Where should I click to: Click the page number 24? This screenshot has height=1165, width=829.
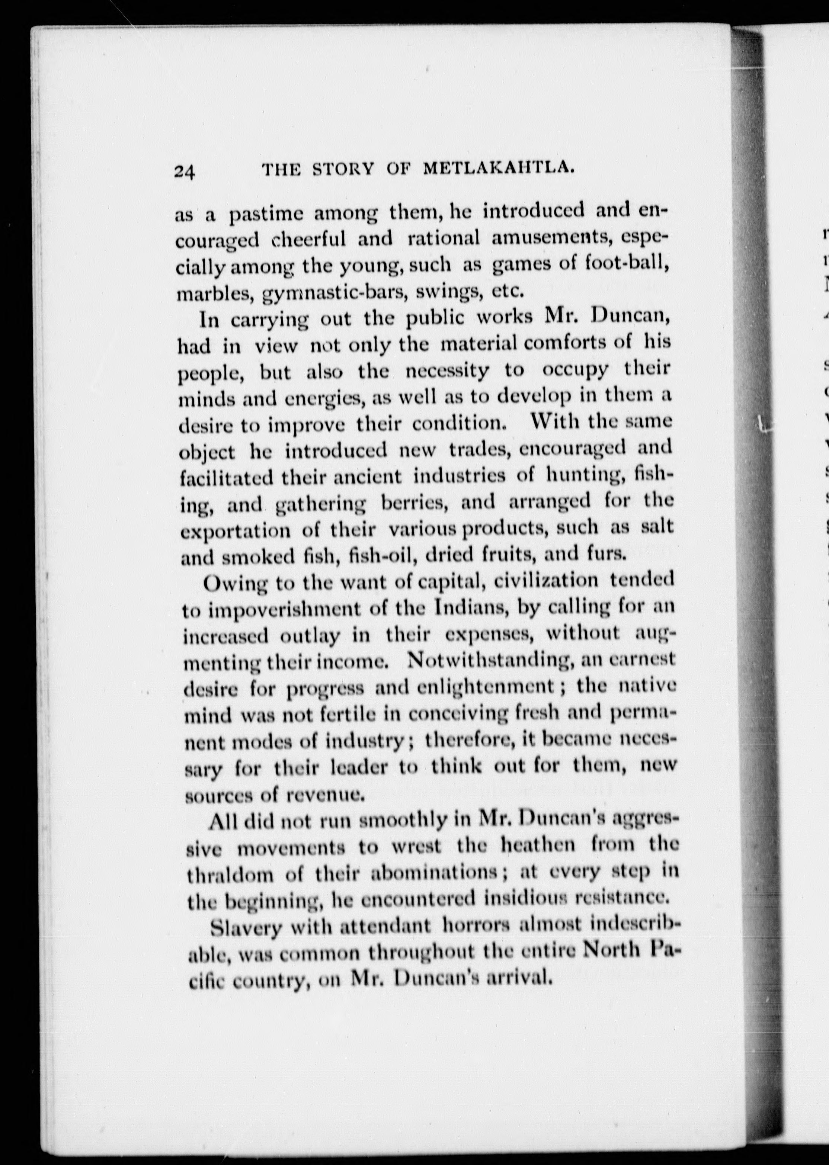pyautogui.click(x=185, y=171)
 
